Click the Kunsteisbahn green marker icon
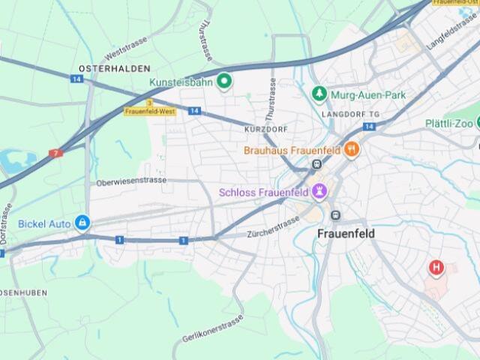[223, 81]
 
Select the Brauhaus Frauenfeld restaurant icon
[351, 149]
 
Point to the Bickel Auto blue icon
[82, 223]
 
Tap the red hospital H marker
[436, 267]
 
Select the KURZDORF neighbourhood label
[266, 130]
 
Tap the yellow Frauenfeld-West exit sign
[150, 110]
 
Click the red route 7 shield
[55, 153]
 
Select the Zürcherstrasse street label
[273, 226]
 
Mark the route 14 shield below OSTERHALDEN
[76, 78]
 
